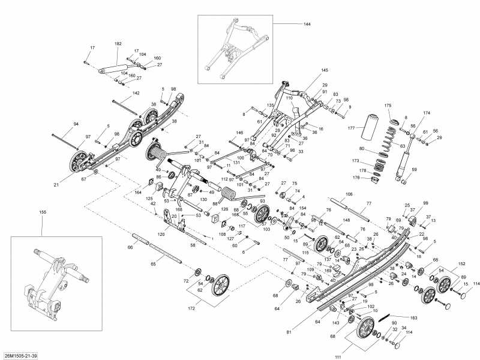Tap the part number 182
pos(118,44)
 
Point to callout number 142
pos(136,93)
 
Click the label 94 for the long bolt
pos(76,124)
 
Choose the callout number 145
pos(325,71)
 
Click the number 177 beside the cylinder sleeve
pos(352,127)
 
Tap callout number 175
pos(388,106)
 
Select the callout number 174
pos(427,113)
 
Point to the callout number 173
pos(356,161)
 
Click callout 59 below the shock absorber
pos(413,169)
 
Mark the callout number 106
pos(349,194)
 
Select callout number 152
pos(461,263)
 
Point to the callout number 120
pos(161,234)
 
